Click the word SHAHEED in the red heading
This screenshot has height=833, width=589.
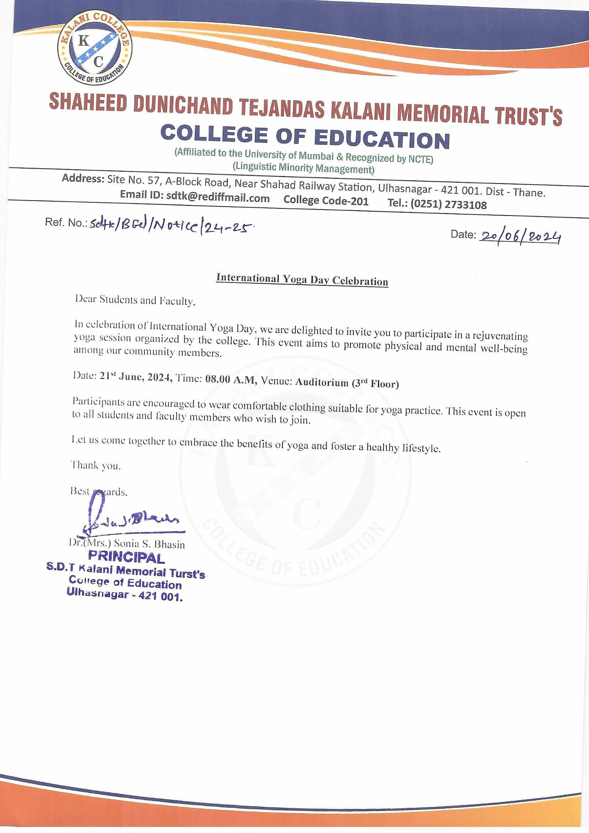[x=88, y=102]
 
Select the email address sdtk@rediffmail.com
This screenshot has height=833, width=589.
[x=218, y=198]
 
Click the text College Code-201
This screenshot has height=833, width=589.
[x=326, y=201]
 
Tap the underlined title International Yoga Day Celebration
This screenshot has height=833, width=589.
[x=302, y=280]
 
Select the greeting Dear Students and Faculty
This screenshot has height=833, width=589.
[x=135, y=300]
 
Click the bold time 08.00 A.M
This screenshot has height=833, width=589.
[x=231, y=379]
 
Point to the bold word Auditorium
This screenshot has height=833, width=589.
[x=322, y=382]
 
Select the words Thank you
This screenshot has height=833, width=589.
[x=95, y=465]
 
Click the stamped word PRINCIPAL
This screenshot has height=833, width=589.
[x=126, y=557]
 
